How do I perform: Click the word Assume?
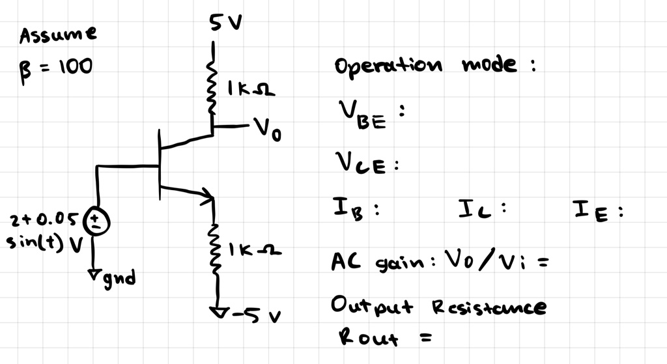click(58, 35)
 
